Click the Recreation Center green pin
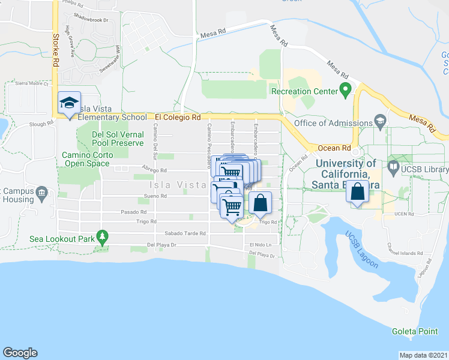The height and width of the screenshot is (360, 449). coord(345,91)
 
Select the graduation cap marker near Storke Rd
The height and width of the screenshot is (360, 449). coord(69,104)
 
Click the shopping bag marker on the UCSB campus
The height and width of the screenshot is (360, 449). coord(358,193)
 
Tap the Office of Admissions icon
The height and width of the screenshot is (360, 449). coord(380,121)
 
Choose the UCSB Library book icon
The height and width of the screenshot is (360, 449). coord(393,166)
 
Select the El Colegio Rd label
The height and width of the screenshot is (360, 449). coord(177,118)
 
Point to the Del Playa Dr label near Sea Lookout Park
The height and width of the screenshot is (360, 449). coord(162,245)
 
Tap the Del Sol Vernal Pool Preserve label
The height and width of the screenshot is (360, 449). coord(118,139)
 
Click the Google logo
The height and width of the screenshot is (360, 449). coord(20,353)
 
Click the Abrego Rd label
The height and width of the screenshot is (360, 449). coord(152,169)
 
